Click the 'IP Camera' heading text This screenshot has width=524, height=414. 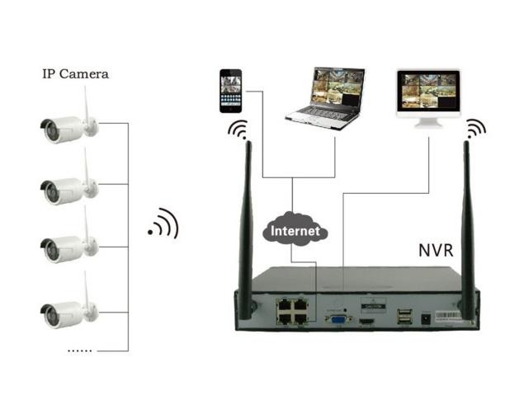[x=75, y=74]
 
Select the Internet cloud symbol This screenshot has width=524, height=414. [x=295, y=231]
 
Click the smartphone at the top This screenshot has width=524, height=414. [x=230, y=91]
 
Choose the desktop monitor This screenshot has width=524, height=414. [x=428, y=96]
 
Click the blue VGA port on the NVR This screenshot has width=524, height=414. [x=337, y=319]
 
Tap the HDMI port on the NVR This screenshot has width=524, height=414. [x=368, y=318]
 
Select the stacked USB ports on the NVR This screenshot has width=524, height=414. [x=403, y=316]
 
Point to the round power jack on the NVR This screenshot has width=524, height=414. [x=426, y=318]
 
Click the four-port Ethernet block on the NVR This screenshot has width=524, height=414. [x=293, y=313]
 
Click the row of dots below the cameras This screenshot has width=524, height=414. [x=79, y=350]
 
